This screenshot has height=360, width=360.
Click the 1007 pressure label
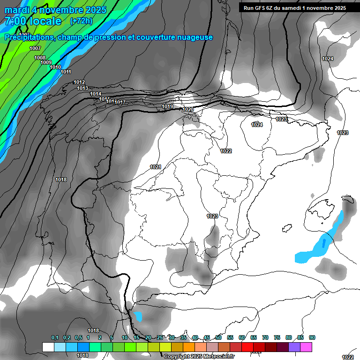pos(35,48)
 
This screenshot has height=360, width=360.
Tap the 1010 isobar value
pos(55,67)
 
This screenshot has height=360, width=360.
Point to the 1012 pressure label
pos(79,82)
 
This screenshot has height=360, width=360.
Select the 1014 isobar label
pos(96,94)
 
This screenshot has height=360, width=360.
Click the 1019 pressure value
pos(167,107)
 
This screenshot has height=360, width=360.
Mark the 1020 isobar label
pos(188,109)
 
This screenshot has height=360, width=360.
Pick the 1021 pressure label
pos(156,167)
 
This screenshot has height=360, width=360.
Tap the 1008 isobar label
pos(40,58)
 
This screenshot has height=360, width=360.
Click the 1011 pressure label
pos(66,72)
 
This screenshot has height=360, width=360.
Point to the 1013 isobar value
pos(82,88)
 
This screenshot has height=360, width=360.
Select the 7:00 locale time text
pos(33,21)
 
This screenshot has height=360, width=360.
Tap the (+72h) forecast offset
pos(81,21)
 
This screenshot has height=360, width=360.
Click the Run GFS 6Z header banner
pos(294,8)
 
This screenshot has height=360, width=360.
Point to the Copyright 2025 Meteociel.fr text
pos(199,356)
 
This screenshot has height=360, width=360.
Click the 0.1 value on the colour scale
pos(55,337)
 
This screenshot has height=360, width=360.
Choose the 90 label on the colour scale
pos(312,337)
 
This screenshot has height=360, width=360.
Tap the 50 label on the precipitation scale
pos(218,337)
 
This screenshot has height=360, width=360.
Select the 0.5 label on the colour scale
pos(78,337)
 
